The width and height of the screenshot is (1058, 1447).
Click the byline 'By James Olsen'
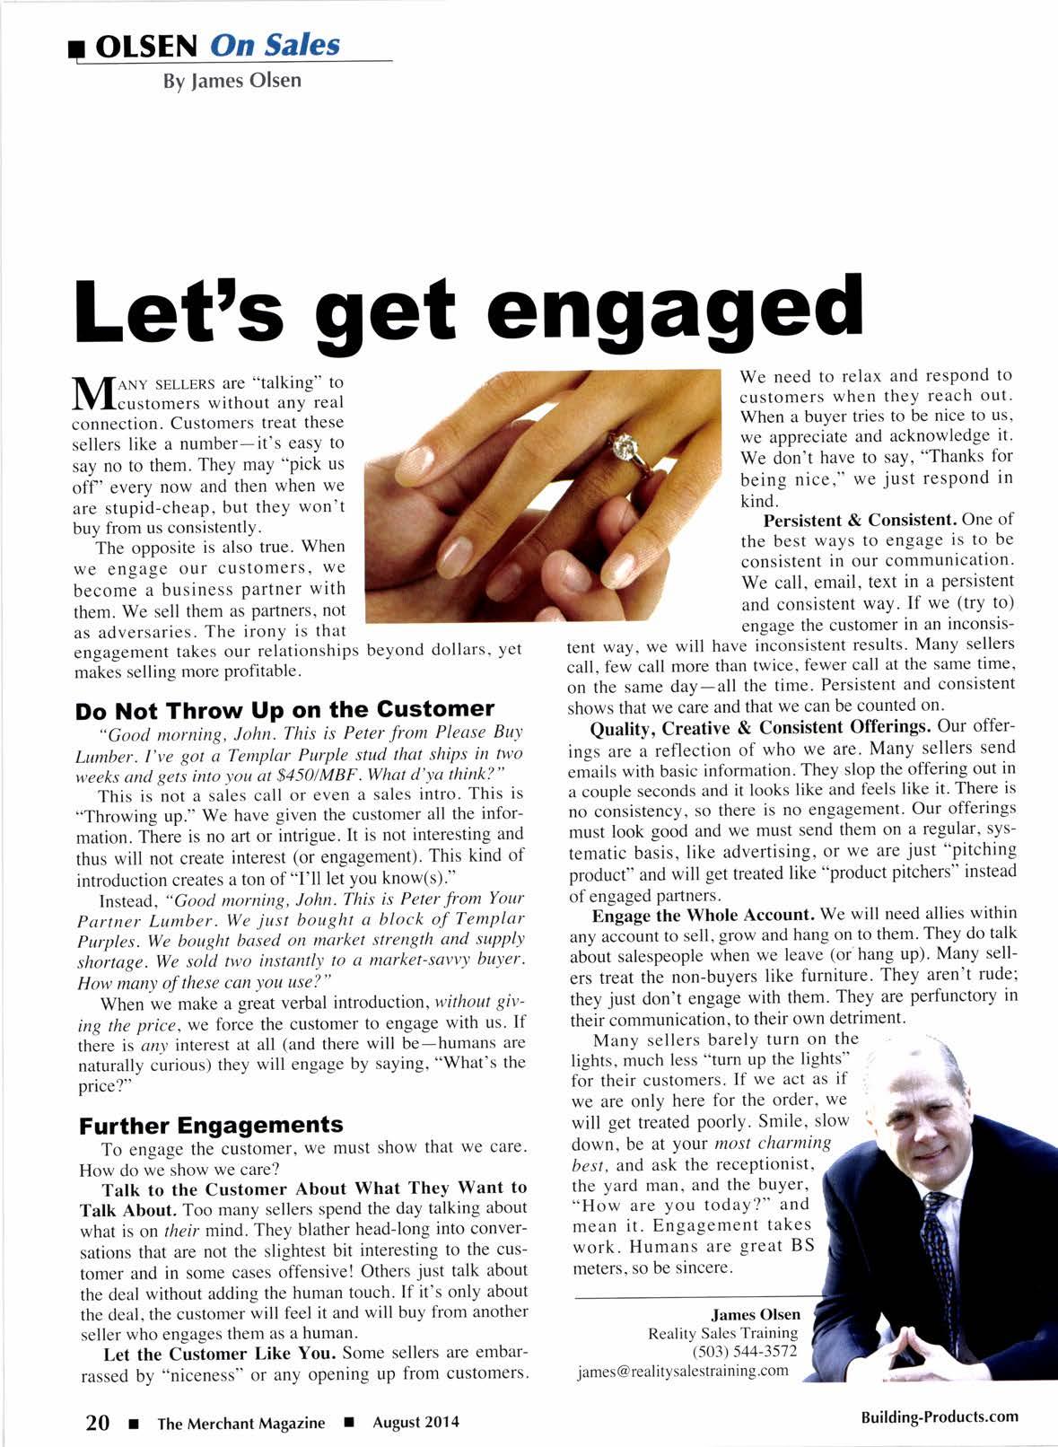(232, 81)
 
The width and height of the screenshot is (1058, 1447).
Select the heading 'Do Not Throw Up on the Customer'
(284, 710)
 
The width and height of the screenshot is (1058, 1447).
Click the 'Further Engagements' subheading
(211, 1126)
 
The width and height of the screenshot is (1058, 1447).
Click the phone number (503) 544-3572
(745, 1351)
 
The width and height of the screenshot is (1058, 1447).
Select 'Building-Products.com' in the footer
(940, 1416)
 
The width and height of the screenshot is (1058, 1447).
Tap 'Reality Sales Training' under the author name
(722, 1333)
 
